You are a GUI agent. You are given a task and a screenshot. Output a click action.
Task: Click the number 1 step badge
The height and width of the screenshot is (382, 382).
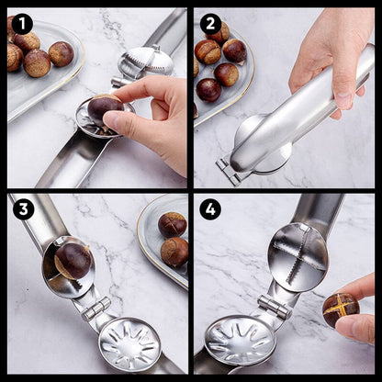[22, 24]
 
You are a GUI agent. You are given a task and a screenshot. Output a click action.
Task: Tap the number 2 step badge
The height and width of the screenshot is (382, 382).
[211, 24]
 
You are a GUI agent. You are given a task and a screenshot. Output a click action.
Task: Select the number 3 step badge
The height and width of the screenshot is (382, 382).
[22, 209]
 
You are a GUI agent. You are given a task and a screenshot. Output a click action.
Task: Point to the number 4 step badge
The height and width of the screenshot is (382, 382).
[210, 209]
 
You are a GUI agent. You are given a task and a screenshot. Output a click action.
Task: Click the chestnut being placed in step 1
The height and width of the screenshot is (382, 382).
[105, 108]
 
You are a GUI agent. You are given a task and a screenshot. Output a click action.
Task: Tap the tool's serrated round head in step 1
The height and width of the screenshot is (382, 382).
[147, 62]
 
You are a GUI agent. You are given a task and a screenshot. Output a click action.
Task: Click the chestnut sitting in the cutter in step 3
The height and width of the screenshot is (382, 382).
[72, 261]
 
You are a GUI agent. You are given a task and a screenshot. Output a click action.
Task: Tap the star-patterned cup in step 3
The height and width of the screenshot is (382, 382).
[129, 344]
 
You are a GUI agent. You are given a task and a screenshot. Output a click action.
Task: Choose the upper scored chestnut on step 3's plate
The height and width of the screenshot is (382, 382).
[172, 224]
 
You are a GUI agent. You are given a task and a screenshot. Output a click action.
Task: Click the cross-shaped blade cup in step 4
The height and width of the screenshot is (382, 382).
[298, 256]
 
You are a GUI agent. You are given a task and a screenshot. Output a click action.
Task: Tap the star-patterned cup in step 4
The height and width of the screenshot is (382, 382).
[240, 341]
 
